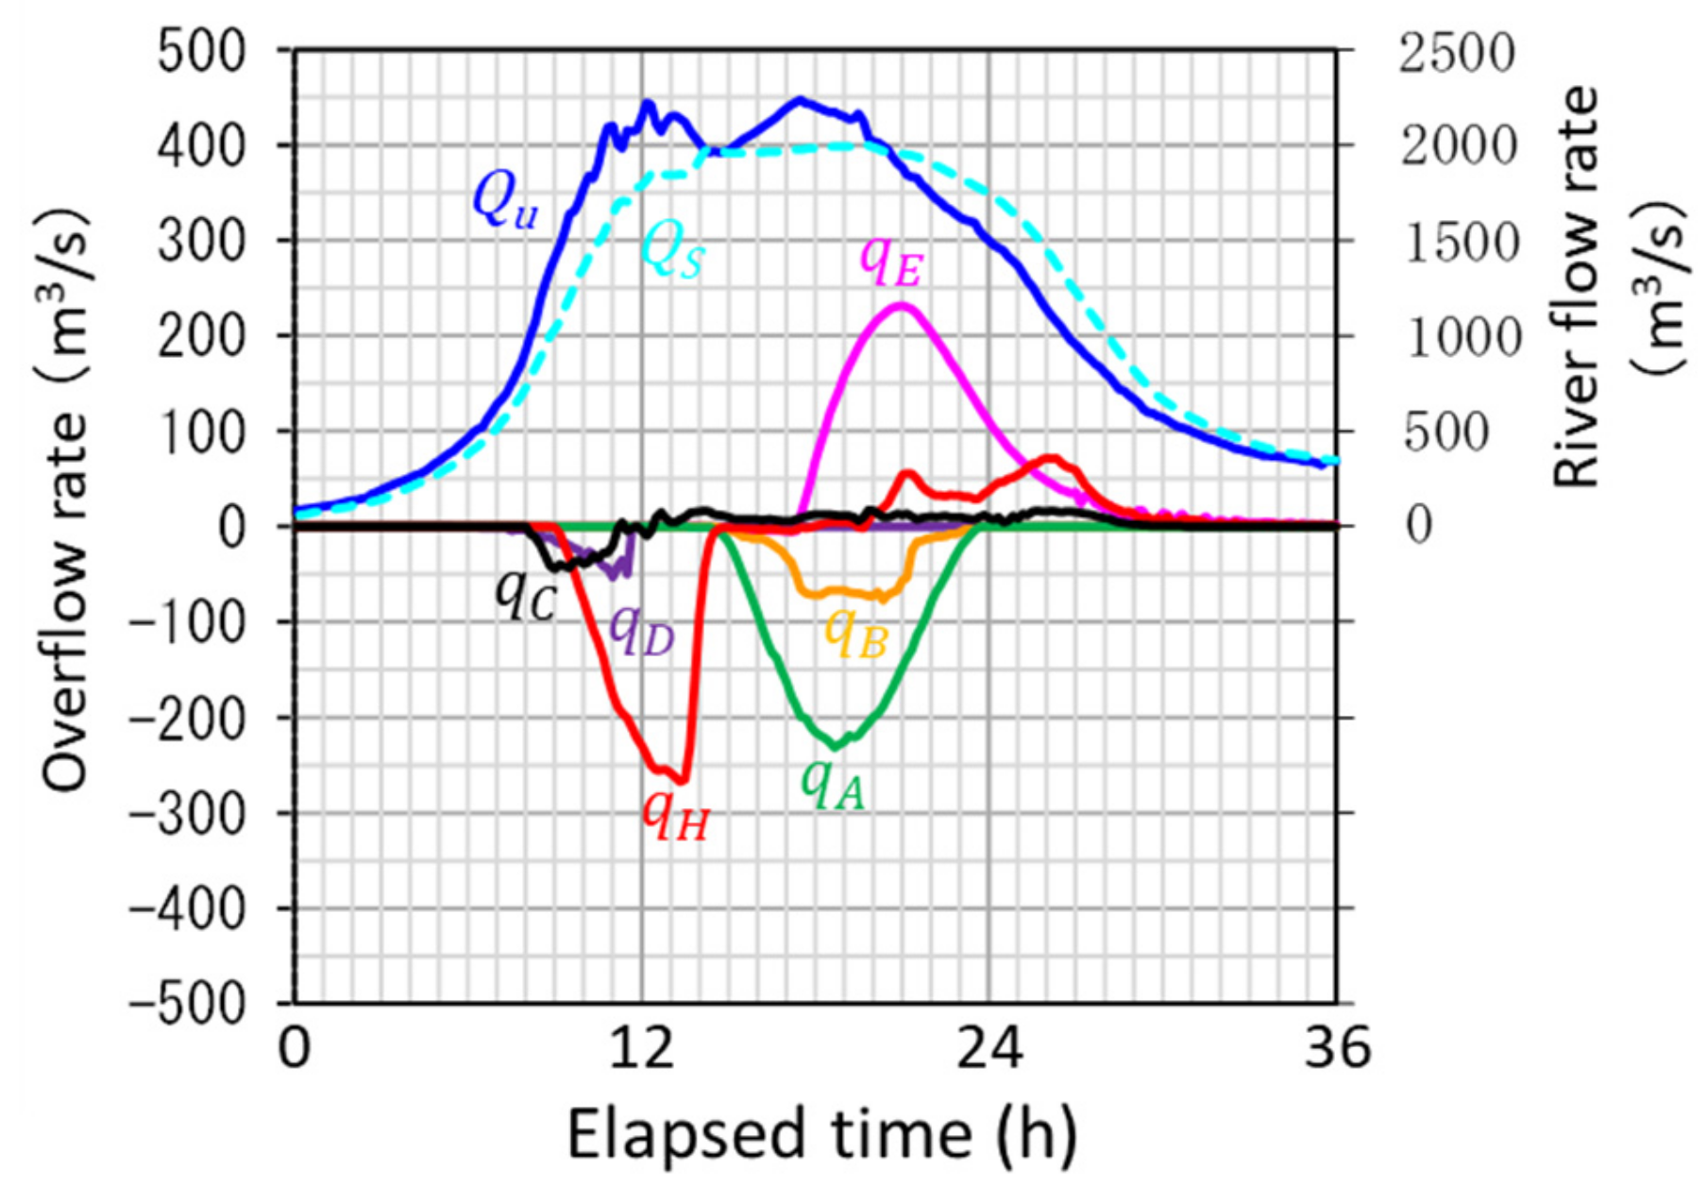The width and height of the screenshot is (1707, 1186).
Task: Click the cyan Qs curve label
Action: [x=672, y=252]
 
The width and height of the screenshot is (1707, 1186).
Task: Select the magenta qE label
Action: [x=889, y=262]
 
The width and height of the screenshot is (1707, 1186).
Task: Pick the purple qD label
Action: [x=642, y=631]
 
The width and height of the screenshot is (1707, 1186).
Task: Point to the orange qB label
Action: [x=856, y=633]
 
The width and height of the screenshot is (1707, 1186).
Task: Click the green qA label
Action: [x=833, y=786]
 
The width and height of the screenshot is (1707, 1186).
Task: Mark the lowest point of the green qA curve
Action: [x=835, y=747]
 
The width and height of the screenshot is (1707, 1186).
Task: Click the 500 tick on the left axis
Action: [x=201, y=51]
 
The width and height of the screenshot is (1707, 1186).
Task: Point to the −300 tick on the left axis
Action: [x=186, y=812]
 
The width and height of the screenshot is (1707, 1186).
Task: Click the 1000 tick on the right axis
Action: [x=1462, y=337]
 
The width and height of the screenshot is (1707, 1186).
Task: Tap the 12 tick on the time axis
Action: [x=642, y=1049]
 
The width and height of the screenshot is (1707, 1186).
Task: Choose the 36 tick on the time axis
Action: [x=1336, y=1049]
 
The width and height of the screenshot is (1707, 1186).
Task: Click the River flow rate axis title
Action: [x=1605, y=283]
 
